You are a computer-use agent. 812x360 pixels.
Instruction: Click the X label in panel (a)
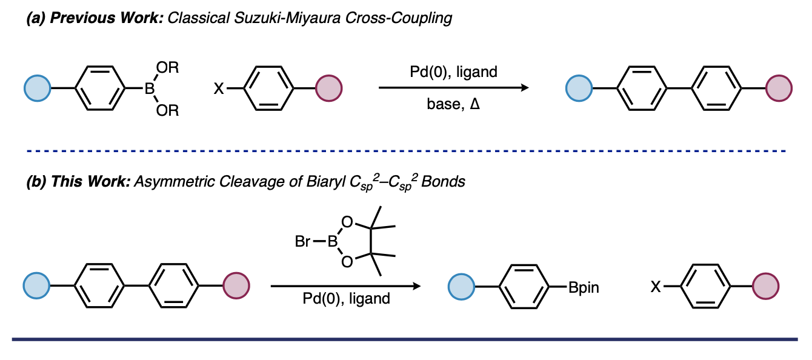[x=218, y=89]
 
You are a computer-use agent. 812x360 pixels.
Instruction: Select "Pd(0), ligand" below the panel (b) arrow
[x=347, y=299]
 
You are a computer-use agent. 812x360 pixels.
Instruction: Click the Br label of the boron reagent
[x=304, y=242]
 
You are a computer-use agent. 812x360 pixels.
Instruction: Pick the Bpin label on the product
[x=584, y=287]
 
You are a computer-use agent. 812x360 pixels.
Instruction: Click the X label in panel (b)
[x=655, y=287]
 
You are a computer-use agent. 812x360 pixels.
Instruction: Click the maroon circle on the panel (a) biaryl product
[x=779, y=89]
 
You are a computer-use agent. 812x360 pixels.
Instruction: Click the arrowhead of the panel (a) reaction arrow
[x=525, y=88]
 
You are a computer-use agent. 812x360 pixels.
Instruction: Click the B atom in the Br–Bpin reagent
[x=331, y=242]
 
